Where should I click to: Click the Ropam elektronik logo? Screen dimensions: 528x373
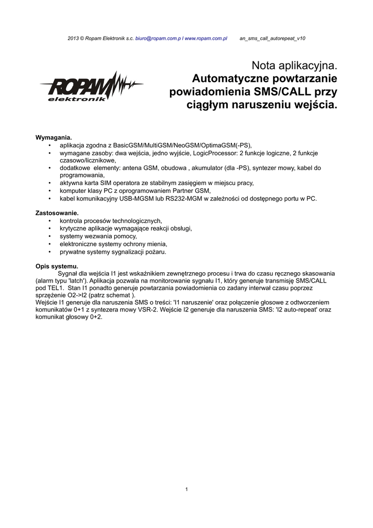90,87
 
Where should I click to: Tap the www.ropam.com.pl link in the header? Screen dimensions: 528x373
206,39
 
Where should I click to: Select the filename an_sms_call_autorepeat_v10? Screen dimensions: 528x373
273,39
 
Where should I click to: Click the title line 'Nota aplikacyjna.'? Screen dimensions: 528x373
294,65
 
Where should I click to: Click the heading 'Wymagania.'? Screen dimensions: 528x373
54,138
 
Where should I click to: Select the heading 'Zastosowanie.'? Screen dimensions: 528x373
57,212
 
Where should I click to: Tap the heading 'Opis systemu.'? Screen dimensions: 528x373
57,266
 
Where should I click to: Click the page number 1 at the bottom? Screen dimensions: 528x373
186,489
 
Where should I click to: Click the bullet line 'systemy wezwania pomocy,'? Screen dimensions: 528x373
98,236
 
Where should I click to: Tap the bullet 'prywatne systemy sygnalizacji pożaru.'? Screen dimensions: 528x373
113,252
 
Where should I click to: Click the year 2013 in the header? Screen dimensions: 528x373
74,39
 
